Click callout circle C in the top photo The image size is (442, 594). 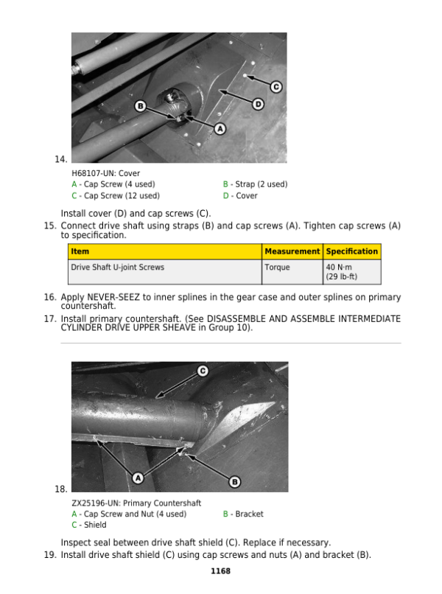tap(276, 87)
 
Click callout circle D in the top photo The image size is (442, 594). tap(258, 105)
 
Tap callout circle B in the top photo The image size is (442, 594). tap(139, 107)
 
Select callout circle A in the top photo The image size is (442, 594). tap(220, 128)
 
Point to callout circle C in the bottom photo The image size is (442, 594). tap(201, 371)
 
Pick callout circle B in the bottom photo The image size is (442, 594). tap(235, 481)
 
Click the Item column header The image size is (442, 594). tap(80, 251)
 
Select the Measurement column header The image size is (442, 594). tap(292, 251)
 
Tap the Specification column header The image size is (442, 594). tap(351, 251)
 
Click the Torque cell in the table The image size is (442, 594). tap(277, 268)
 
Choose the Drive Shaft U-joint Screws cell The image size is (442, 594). tap(117, 268)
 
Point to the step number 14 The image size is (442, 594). tap(61, 159)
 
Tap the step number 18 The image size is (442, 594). tap(61, 489)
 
